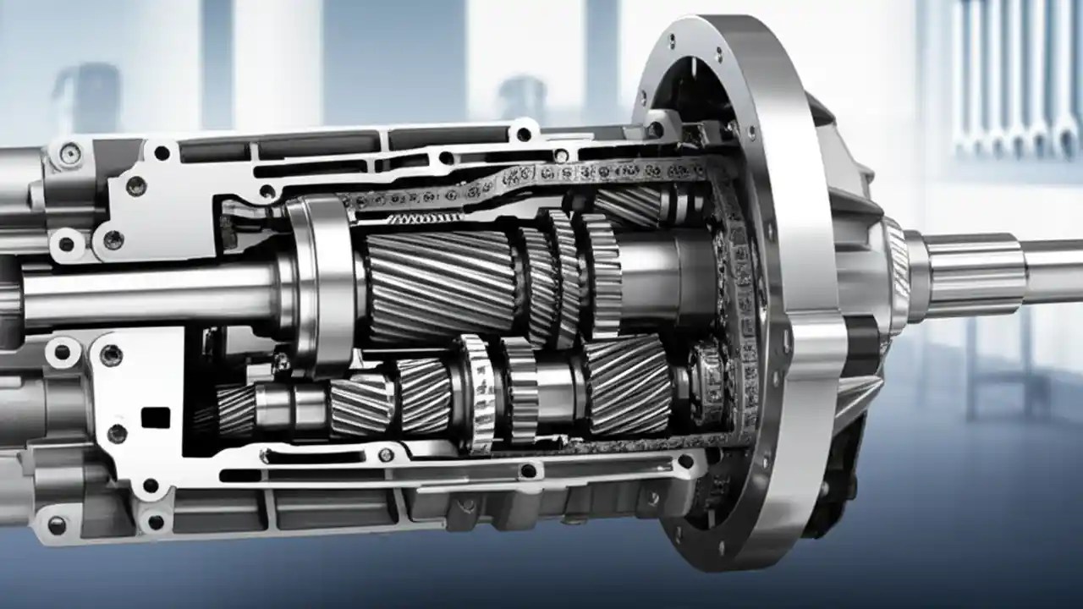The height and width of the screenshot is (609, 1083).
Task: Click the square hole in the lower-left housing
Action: point(155,418)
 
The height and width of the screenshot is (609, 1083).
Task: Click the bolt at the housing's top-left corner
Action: point(70,153)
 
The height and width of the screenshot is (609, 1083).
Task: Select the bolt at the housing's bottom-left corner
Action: point(57,525)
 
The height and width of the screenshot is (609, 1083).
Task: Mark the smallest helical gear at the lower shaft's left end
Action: point(234,410)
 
